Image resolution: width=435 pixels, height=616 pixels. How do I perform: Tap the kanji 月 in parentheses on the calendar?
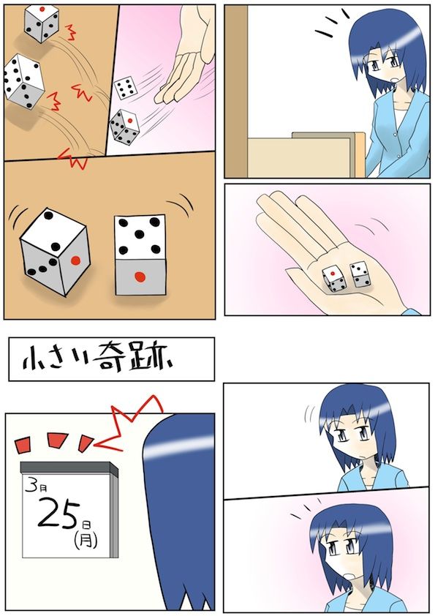click(86, 540)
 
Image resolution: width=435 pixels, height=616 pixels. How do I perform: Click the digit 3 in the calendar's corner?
click(30, 485)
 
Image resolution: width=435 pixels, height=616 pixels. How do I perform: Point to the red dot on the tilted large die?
click(75, 260)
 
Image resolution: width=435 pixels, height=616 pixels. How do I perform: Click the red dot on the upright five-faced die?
click(140, 277)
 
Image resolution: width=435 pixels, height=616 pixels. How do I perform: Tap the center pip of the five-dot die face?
click(140, 235)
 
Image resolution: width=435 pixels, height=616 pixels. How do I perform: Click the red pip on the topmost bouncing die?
click(42, 9)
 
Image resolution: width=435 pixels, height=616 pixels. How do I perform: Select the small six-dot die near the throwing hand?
click(125, 88)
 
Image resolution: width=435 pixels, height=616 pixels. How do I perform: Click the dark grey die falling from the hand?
click(124, 127)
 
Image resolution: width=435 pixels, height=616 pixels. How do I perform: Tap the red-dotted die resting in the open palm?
click(333, 279)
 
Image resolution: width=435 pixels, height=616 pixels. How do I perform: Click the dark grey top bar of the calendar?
click(69, 467)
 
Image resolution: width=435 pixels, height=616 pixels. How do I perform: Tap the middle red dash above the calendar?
click(58, 440)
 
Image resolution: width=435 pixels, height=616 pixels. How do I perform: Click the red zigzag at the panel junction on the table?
click(72, 158)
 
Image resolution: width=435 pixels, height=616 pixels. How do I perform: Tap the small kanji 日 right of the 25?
click(86, 525)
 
